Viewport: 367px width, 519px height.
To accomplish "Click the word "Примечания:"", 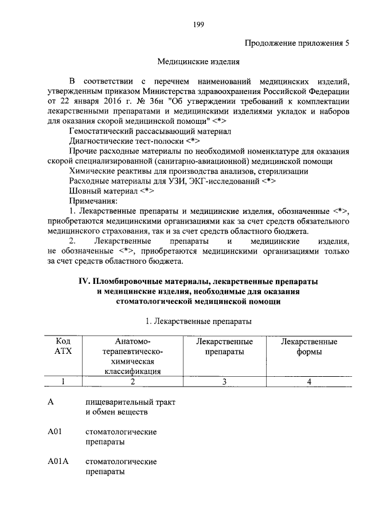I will [x=93, y=201].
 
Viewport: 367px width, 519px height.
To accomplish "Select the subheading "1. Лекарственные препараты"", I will [x=198, y=321].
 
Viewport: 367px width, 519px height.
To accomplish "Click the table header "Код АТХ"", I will [x=63, y=346].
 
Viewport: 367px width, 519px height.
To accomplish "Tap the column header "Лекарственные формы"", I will [x=309, y=346].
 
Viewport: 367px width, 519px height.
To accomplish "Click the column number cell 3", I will [x=224, y=381].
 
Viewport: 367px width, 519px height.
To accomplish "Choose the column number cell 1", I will [x=63, y=381].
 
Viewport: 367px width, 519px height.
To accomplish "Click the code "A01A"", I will [x=58, y=462].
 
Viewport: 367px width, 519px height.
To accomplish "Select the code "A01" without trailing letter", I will [x=55, y=431].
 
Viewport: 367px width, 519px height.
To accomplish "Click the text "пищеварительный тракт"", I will [x=130, y=402].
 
